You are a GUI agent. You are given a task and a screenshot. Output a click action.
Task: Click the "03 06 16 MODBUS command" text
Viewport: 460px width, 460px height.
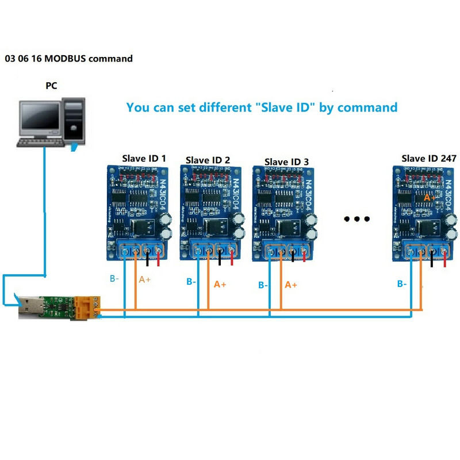68,59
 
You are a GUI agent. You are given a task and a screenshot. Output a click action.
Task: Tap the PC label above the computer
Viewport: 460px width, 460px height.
51,86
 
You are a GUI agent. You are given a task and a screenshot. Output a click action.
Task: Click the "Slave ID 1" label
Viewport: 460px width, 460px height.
144,158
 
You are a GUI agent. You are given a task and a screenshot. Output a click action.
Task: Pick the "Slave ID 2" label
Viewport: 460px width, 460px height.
208,160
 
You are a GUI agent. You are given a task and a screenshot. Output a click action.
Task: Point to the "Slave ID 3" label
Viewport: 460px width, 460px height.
286,162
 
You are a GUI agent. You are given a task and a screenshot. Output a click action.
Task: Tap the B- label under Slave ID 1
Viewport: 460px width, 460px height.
114,279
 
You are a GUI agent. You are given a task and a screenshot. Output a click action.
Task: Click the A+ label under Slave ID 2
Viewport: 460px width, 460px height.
220,284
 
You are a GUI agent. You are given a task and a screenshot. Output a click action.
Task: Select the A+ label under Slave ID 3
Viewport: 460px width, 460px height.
292,285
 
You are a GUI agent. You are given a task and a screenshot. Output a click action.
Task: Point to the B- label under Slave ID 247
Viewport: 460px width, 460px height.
402,283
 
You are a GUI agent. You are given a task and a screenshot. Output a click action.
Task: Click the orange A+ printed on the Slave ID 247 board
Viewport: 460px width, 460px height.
429,197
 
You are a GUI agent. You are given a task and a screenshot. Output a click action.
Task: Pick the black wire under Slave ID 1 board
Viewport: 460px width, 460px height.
148,259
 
